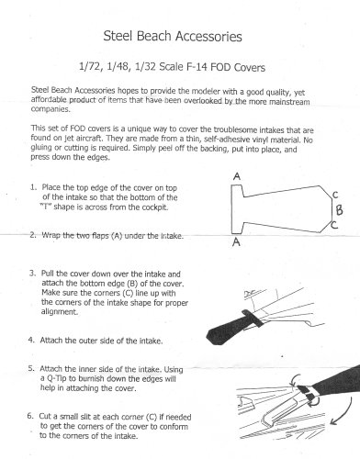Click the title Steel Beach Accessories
coord(173,37)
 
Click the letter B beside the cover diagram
coord(339,210)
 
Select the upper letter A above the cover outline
coord(237,176)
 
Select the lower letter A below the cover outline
coord(236,242)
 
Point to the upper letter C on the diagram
coord(335,195)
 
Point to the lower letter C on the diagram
coord(334,225)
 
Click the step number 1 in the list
coord(33,187)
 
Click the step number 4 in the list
coord(30,340)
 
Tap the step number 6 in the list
coord(30,416)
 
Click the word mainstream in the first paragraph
coord(289,102)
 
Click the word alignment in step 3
coord(60,312)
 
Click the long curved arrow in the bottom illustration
coord(344,411)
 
